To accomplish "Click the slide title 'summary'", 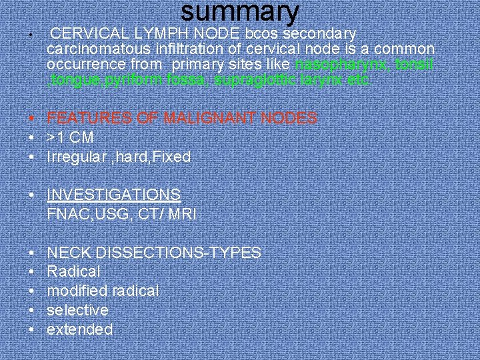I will (x=240, y=13).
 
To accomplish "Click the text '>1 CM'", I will (x=70, y=138).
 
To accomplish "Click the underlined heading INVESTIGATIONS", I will (x=114, y=195).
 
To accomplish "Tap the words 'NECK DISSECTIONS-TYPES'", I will (x=154, y=253).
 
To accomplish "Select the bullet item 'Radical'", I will (x=73, y=272).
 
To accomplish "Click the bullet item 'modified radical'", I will (x=103, y=291).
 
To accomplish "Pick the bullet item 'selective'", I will (x=77, y=311).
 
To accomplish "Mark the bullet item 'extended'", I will (x=80, y=329).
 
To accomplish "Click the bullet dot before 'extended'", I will (x=33, y=329).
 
